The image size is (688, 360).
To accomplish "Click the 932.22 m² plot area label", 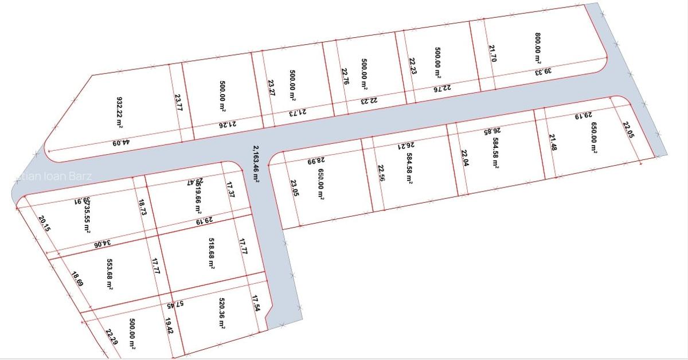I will [x=120, y=112].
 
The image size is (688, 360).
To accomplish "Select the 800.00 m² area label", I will [x=538, y=48].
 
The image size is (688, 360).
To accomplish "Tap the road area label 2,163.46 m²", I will [x=256, y=164].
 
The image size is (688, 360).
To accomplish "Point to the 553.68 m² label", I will [x=110, y=273].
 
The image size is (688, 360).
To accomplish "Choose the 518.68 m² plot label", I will [x=212, y=255].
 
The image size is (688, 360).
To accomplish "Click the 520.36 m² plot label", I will [x=221, y=313].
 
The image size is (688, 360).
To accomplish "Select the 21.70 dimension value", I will [x=492, y=53].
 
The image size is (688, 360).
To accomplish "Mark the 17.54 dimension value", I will [x=256, y=303].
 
